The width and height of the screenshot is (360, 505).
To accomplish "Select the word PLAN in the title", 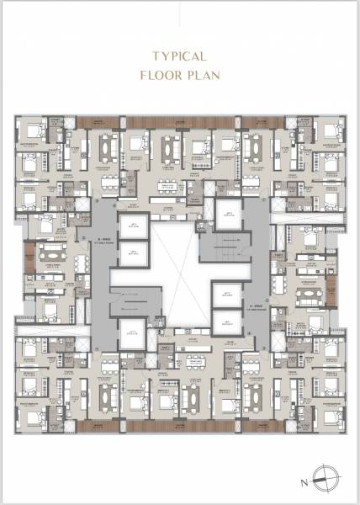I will point(204,75).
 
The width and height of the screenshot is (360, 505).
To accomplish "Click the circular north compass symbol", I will point(323,477).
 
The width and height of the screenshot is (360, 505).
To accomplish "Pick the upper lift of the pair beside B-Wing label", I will point(132,226).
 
